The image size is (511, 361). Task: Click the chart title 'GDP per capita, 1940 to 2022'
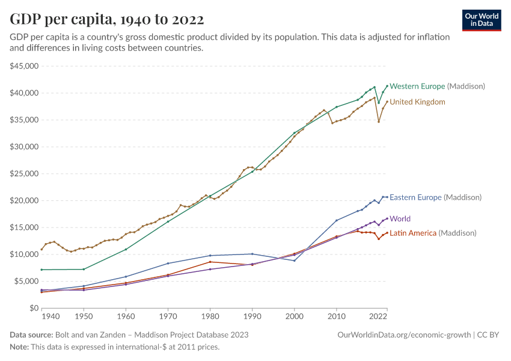106,19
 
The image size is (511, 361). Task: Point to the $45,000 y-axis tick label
25,66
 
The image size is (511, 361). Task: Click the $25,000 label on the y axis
25,174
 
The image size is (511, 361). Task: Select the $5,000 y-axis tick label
26,281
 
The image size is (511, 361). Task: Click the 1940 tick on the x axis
50,316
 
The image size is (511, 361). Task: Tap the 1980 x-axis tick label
210,316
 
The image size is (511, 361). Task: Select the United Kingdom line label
417,102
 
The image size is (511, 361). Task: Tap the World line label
400,219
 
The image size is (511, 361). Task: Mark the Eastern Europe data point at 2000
295,261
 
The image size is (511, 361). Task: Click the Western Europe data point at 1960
126,249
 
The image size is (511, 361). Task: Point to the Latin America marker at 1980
210,262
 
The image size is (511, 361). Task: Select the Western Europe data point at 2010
337,107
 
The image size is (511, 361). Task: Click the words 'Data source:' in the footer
31,335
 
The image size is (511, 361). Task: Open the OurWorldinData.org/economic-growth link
404,335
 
